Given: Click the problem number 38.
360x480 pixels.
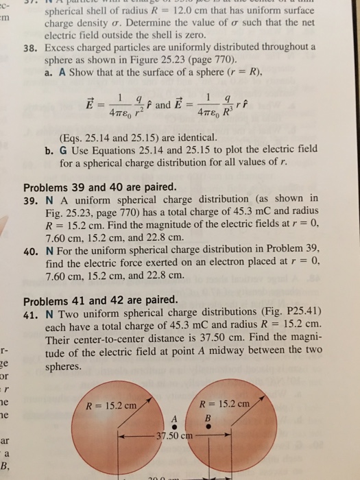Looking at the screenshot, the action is point(31,49).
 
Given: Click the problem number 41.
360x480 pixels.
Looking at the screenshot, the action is point(31,313).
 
